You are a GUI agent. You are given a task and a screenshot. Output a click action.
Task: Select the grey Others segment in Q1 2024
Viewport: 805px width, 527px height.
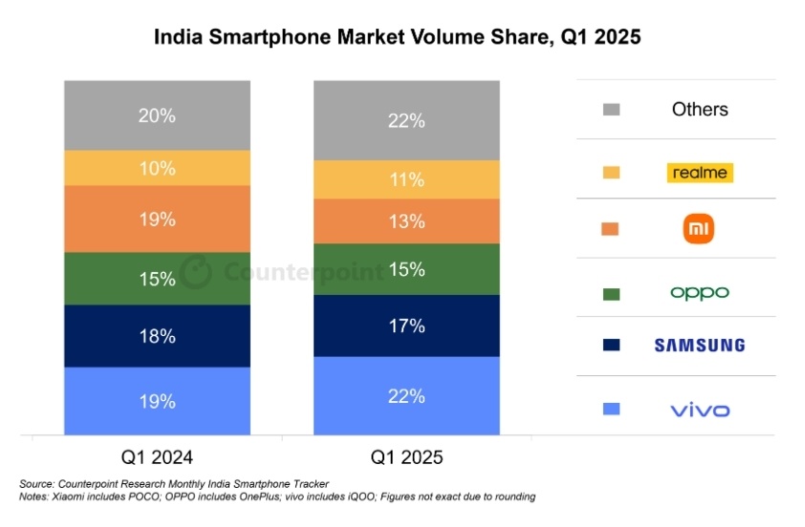[x=157, y=116]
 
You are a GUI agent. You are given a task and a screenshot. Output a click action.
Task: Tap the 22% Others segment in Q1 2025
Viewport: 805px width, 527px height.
[x=407, y=120]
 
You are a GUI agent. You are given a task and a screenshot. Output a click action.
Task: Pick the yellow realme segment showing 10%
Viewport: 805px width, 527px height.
[x=157, y=168]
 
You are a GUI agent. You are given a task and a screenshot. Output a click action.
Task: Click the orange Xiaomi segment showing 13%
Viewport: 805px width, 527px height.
[x=407, y=221]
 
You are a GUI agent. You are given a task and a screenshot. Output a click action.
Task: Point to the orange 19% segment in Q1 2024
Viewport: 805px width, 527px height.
[x=157, y=220]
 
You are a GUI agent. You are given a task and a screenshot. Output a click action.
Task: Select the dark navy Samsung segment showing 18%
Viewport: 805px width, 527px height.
[x=157, y=336]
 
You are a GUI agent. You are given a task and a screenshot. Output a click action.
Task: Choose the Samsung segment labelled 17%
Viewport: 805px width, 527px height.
[x=407, y=326]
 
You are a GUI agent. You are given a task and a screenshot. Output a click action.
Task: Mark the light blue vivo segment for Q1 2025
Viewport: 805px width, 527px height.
[x=407, y=395]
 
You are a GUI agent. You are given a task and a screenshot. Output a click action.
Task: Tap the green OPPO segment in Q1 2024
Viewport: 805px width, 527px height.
[x=157, y=279]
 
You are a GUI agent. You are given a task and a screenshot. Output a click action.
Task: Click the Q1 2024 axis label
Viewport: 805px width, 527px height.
[x=157, y=457]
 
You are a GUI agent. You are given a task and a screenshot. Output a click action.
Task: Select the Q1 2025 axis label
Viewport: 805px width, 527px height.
[x=407, y=457]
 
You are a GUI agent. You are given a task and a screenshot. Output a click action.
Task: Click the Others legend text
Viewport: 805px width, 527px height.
[x=700, y=109]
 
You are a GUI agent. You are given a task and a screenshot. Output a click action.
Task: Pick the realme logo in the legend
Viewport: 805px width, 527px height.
[x=699, y=173]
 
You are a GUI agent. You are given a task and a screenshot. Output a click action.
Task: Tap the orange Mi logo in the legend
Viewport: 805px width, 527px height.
[x=700, y=229]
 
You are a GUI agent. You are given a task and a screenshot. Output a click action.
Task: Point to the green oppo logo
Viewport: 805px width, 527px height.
[x=699, y=292]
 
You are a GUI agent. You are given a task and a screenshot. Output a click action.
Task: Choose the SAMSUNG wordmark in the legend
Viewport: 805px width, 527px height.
[x=699, y=345]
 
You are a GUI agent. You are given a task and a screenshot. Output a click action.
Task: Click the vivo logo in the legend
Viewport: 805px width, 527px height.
[x=699, y=411]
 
